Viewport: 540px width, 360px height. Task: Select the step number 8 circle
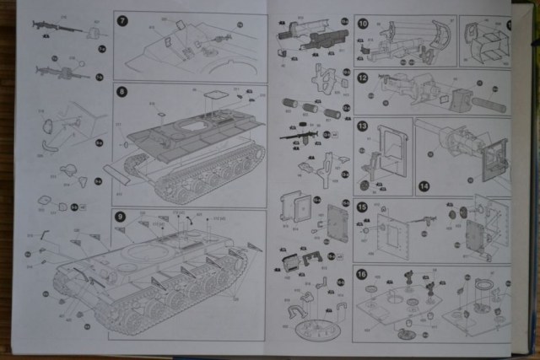click(121, 91)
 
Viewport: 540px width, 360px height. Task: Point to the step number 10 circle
click(362, 23)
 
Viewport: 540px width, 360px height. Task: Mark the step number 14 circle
click(423, 185)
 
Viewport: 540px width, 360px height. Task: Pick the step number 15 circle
click(362, 207)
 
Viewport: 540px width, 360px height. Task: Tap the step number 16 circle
click(362, 274)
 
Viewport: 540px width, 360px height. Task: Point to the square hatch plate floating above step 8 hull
click(216, 95)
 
